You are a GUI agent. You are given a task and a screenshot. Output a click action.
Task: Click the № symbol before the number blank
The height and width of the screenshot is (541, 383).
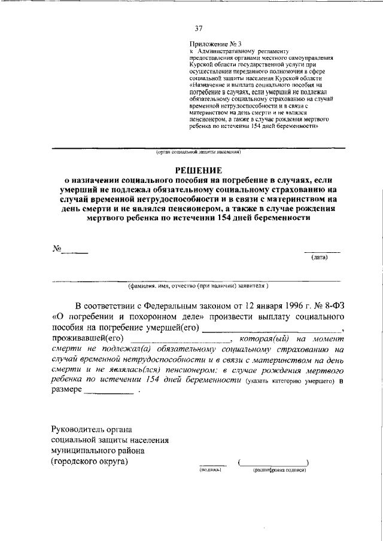[x=57, y=247]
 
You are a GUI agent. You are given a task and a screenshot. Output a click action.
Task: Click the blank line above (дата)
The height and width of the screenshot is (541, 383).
[x=322, y=252]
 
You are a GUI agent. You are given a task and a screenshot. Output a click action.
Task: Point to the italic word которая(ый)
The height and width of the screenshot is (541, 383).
[x=259, y=339]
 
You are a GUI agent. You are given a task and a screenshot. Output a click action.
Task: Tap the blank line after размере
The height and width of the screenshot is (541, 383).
[x=109, y=394]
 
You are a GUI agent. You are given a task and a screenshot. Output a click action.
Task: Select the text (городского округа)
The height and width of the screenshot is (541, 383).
[x=90, y=461]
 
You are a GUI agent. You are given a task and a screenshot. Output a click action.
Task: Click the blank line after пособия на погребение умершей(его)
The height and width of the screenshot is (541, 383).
[x=272, y=329]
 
